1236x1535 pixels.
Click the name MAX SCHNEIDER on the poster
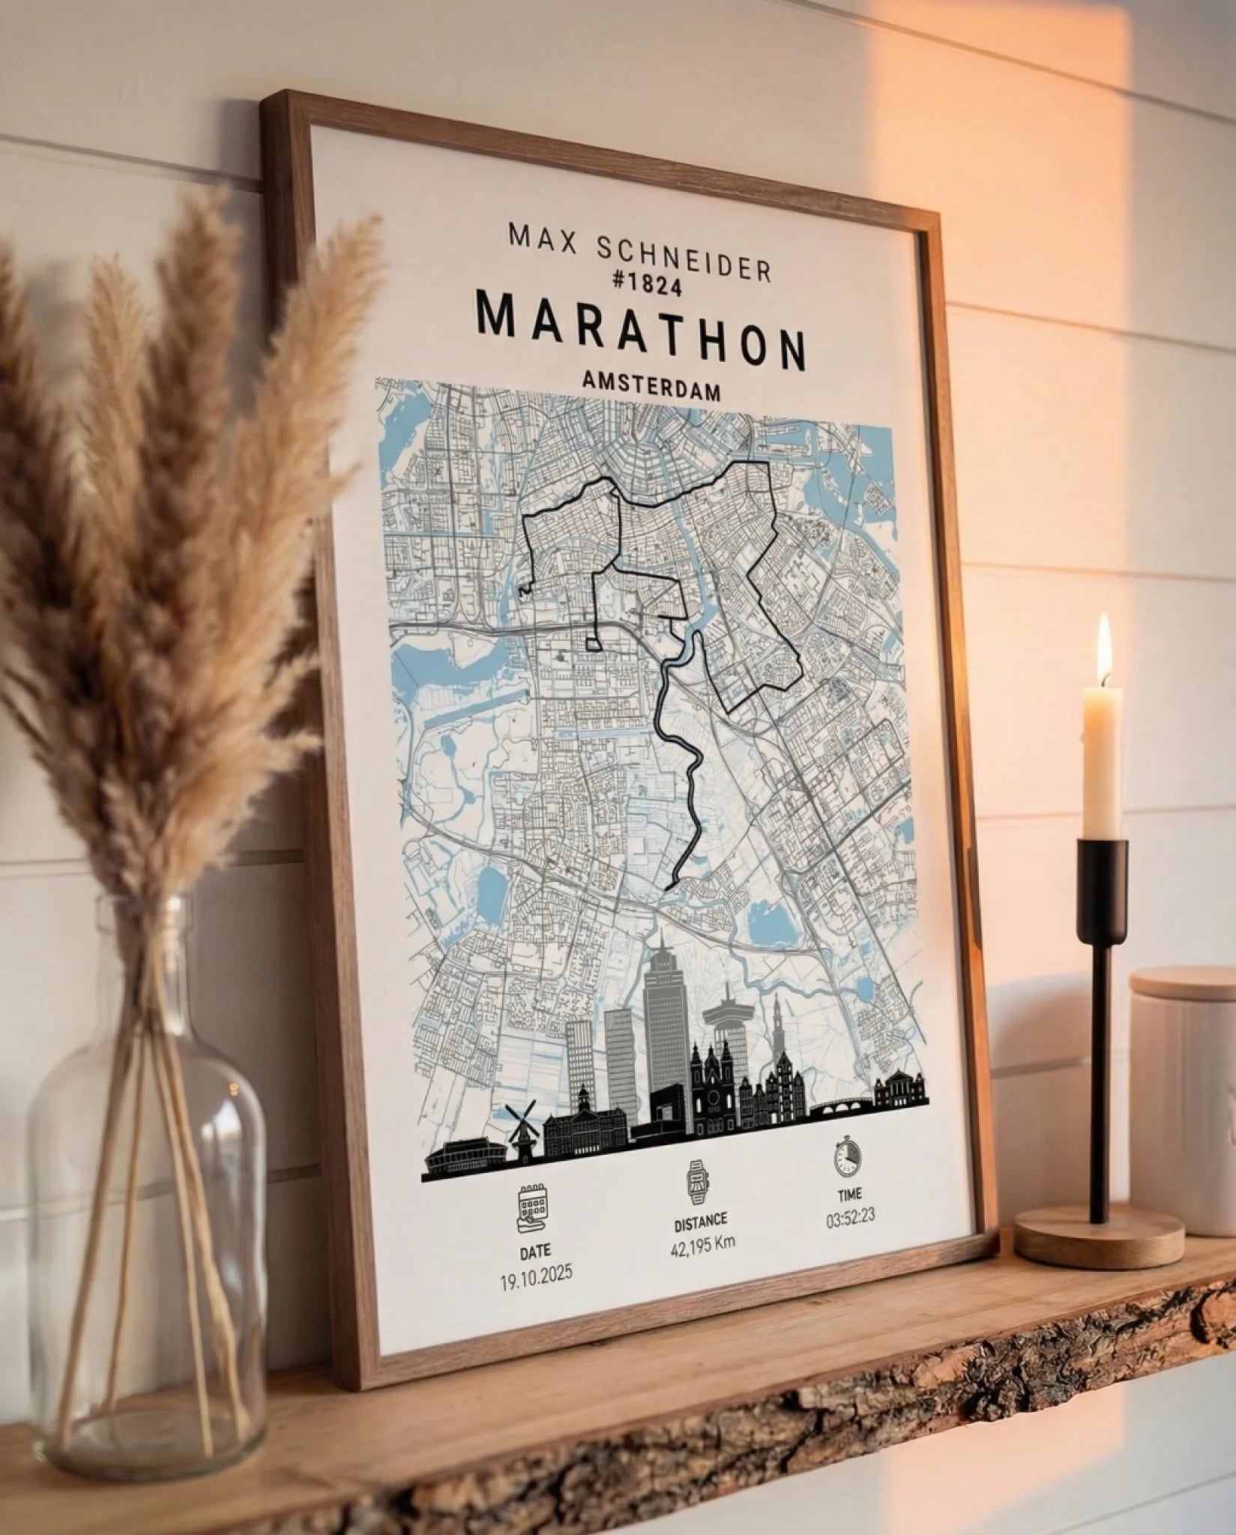click(639, 253)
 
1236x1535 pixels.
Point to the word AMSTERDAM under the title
click(651, 390)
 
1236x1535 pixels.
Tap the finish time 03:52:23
click(851, 1217)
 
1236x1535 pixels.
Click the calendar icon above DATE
click(533, 1208)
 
